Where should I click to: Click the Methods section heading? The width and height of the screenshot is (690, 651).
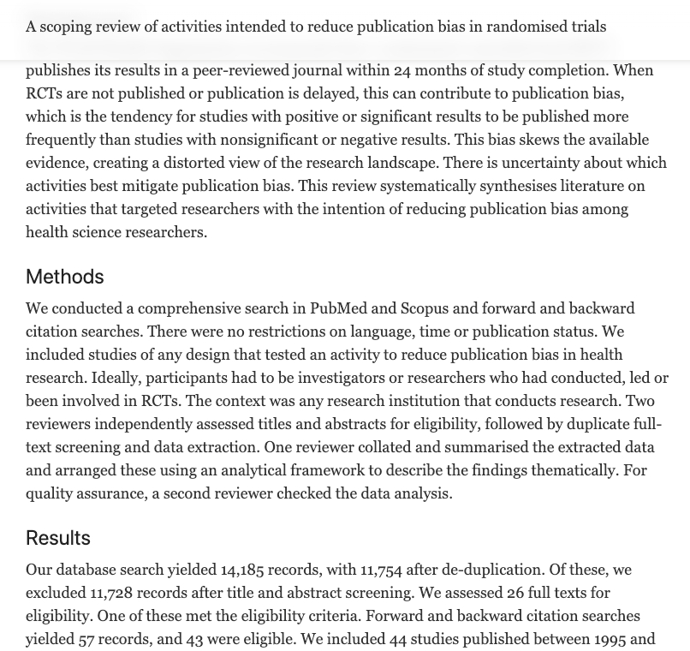(64, 277)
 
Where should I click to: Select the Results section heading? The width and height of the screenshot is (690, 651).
(57, 538)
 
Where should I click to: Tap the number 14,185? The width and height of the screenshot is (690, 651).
(241, 570)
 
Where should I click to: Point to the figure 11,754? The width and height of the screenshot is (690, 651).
(380, 570)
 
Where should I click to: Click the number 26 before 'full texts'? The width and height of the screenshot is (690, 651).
(515, 593)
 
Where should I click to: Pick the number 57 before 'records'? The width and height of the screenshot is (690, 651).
(86, 639)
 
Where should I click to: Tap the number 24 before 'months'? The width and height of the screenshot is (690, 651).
(402, 70)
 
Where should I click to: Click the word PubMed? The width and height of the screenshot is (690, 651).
(339, 308)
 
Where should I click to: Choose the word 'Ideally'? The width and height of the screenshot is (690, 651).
(115, 378)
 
